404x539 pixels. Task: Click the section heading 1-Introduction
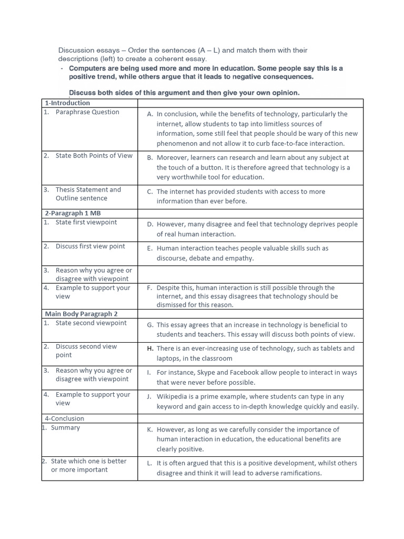pos(67,103)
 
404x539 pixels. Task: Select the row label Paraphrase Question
pos(87,112)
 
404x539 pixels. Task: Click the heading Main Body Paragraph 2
pos(81,314)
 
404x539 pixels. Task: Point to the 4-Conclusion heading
pos(65,418)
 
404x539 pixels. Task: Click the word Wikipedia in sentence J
pos(173,396)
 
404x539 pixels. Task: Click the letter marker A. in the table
pos(150,114)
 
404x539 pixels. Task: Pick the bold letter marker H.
pos(150,348)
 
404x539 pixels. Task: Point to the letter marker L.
pos(149,463)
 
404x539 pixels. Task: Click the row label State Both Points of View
pos(94,155)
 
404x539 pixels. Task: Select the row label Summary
pos(66,427)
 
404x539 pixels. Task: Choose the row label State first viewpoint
pos(86,222)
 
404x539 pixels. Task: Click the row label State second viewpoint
pos(91,323)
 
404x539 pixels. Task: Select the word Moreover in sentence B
pos(172,157)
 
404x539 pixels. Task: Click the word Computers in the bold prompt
pos(87,68)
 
